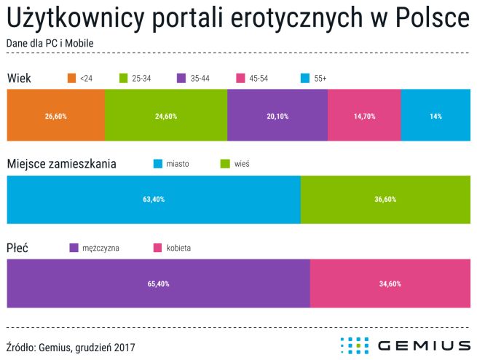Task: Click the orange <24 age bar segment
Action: [x=55, y=115]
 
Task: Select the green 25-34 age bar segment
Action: [x=166, y=115]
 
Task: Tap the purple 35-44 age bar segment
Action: [x=277, y=115]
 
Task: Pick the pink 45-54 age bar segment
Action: [x=364, y=115]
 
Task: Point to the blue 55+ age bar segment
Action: [x=435, y=115]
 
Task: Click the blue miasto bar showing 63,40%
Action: [x=153, y=199]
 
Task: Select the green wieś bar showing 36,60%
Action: [x=385, y=199]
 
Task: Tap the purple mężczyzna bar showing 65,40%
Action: [x=158, y=283]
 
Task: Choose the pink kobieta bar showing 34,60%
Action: [x=390, y=283]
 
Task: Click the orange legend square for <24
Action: [x=71, y=78]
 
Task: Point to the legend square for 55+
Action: [x=305, y=78]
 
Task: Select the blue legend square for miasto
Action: [x=157, y=164]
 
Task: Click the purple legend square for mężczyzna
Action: [x=73, y=248]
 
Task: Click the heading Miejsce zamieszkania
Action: [x=60, y=164]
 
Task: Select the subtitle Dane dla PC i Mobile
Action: [x=49, y=43]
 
